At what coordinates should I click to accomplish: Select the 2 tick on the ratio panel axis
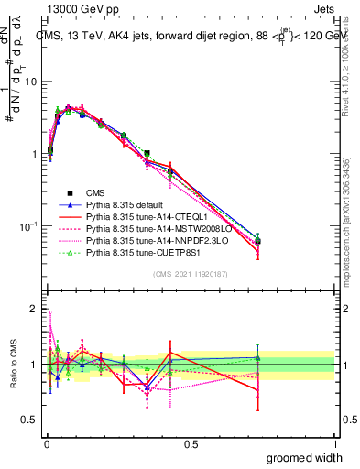pyautogui.click(x=34, y=309)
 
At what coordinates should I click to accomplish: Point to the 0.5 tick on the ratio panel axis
pyautogui.click(x=30, y=420)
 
